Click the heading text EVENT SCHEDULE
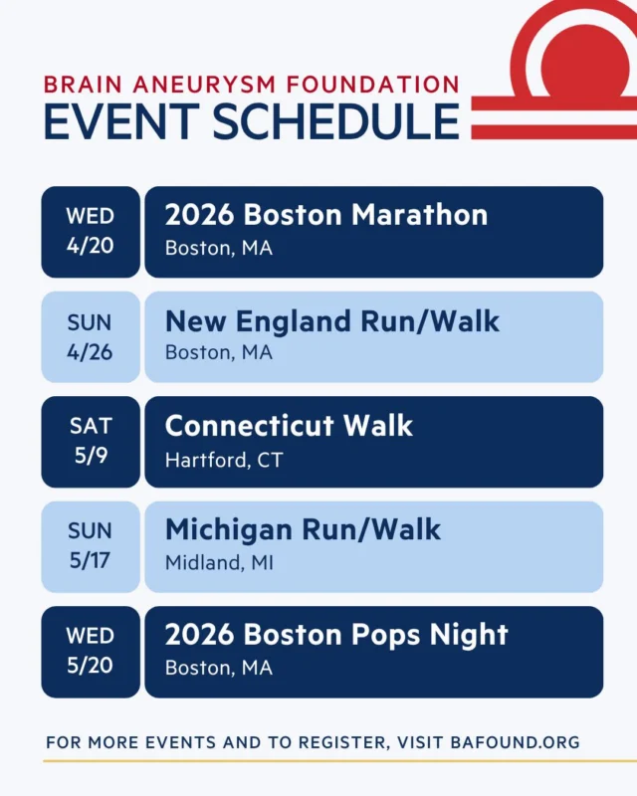[x=251, y=120]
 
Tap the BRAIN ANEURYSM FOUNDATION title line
[x=251, y=84]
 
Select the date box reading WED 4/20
[x=91, y=232]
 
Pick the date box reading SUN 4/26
[x=91, y=337]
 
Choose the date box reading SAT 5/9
[x=91, y=442]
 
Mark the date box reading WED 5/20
[x=91, y=652]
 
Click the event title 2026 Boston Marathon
[x=326, y=215]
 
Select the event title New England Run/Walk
[x=332, y=320]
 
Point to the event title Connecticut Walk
[x=289, y=426]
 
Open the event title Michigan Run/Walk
[x=303, y=530]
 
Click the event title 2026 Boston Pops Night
[x=336, y=635]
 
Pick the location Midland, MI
[x=219, y=563]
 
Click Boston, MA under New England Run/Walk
[x=219, y=353]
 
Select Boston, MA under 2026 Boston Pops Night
[x=219, y=668]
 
